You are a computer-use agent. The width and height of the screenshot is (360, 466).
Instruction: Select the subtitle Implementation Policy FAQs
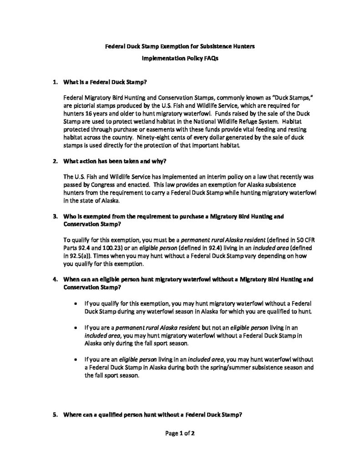coord(180,59)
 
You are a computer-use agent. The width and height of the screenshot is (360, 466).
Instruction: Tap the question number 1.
coord(55,83)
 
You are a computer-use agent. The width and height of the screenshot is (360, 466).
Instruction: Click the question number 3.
coord(55,217)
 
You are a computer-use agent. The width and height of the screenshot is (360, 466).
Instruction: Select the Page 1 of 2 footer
coord(180,433)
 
